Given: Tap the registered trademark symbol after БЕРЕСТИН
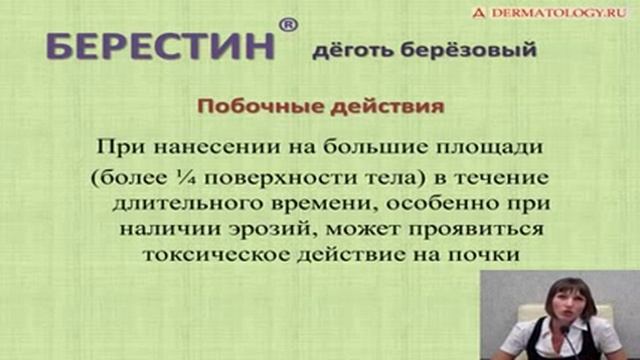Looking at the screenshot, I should click(x=287, y=26).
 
